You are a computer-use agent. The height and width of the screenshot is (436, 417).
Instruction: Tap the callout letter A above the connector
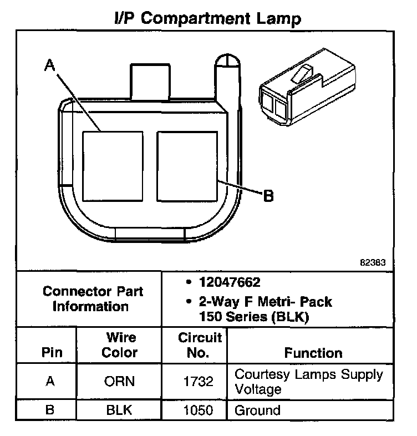pyautogui.click(x=49, y=66)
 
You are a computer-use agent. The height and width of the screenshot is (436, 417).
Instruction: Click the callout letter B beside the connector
pyautogui.click(x=268, y=196)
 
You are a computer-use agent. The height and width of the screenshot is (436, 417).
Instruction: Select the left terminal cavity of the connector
pyautogui.click(x=113, y=166)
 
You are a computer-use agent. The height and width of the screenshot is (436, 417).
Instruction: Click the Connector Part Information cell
pyautogui.click(x=92, y=298)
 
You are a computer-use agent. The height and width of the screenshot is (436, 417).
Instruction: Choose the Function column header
pyautogui.click(x=313, y=352)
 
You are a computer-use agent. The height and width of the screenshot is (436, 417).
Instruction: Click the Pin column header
pyautogui.click(x=51, y=352)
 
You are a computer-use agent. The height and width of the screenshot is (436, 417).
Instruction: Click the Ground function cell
pyautogui.click(x=258, y=410)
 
